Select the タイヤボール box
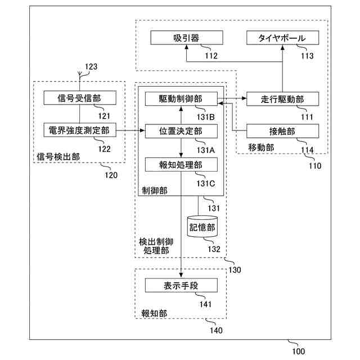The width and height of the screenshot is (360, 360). click(282, 38)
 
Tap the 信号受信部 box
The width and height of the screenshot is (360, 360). click(79, 98)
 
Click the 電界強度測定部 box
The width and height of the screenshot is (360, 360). click(79, 130)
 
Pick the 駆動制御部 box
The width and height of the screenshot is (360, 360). click(181, 98)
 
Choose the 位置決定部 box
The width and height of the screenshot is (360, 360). click(181, 130)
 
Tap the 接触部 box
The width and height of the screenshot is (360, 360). click(282, 131)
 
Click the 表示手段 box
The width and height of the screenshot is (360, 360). click(181, 286)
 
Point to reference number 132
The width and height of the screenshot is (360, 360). click(214, 249)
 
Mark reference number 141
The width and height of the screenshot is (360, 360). click(205, 305)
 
